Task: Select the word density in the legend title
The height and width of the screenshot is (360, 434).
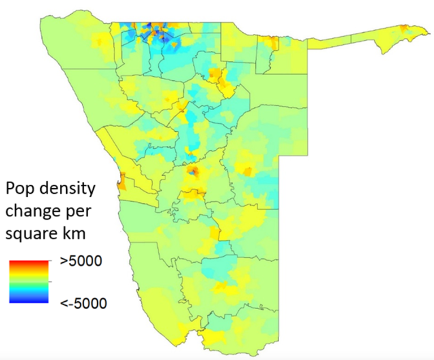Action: point(69,189)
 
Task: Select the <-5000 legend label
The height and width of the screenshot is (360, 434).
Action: point(83,303)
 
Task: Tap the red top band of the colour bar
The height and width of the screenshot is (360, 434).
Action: point(28,263)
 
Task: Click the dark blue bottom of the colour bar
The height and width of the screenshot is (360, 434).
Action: point(28,300)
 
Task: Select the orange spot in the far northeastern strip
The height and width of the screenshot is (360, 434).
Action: point(404,28)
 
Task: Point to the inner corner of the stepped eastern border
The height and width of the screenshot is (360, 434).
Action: point(281,157)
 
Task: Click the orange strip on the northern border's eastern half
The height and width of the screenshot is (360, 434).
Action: point(272,42)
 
